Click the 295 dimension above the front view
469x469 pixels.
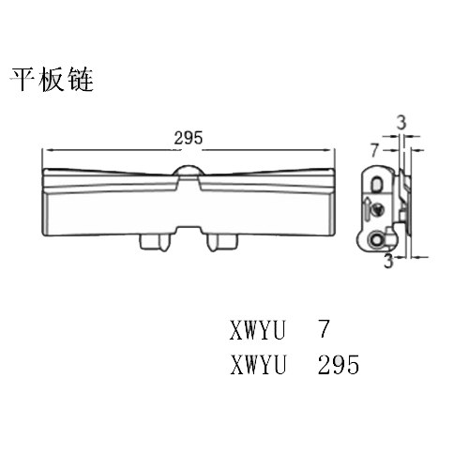point(189,138)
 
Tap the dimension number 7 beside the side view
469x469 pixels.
point(375,150)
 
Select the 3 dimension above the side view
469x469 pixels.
point(401,123)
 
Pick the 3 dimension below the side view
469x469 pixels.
point(388,261)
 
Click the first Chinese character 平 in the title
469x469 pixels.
point(23,79)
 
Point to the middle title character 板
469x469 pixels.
point(52,79)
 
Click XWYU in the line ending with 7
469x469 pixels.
point(258,330)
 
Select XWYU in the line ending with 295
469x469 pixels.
point(258,365)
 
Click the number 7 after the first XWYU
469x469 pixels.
point(325,328)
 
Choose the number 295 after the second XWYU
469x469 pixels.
point(339,365)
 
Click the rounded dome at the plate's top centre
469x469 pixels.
point(189,171)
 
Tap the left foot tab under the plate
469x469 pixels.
point(156,243)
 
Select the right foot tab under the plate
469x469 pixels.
point(222,243)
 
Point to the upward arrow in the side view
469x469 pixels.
point(367,208)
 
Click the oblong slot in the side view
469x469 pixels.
point(377,184)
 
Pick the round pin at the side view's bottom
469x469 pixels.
point(375,240)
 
